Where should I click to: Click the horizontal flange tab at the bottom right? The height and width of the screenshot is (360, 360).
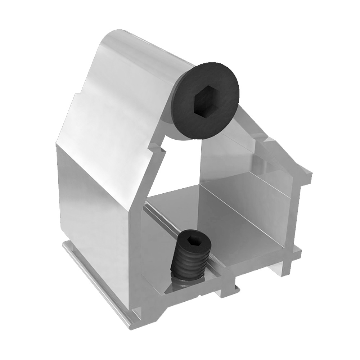(x=293, y=254)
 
